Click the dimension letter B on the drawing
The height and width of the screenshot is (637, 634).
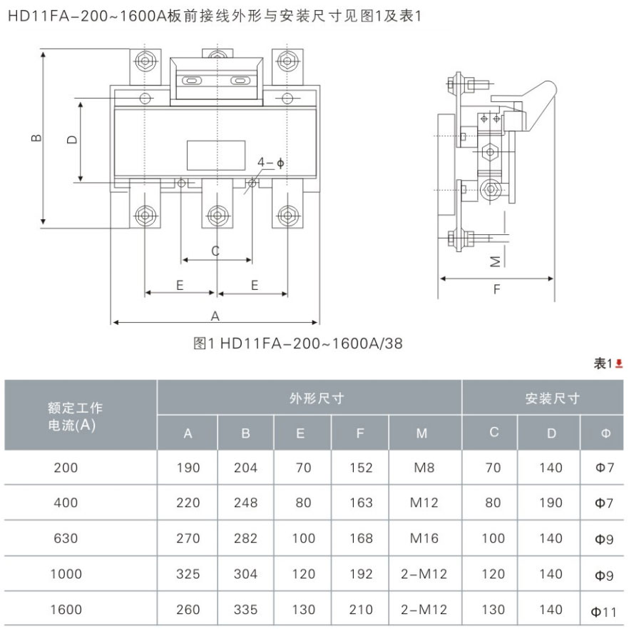[x=36, y=138]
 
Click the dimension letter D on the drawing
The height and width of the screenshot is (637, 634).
[x=72, y=139]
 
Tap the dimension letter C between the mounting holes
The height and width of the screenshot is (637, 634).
[x=215, y=251]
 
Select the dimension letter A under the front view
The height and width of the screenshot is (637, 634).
[x=215, y=316]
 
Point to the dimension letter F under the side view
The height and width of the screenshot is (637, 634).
[x=496, y=289]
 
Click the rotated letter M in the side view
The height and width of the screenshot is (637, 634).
[x=495, y=261]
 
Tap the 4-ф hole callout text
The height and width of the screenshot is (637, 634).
[x=270, y=163]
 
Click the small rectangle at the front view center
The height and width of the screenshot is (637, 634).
[x=216, y=155]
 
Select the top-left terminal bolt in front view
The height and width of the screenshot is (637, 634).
[x=145, y=61]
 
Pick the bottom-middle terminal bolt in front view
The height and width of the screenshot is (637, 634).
[x=218, y=215]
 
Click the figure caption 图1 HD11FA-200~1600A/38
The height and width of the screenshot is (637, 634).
[x=298, y=343]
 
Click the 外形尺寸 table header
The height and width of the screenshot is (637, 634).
[x=317, y=398]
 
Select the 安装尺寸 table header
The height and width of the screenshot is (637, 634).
[x=552, y=398]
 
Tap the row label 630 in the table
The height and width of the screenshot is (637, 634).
[x=66, y=538]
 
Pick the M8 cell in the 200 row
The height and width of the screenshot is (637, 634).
[x=424, y=468]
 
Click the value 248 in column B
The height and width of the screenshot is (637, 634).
[x=245, y=503]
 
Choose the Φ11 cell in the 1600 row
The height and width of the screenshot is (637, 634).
[x=603, y=611]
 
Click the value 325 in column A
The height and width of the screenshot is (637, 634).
[x=188, y=574]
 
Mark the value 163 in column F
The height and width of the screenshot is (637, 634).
[x=361, y=503]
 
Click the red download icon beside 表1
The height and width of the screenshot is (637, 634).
[x=619, y=363]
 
